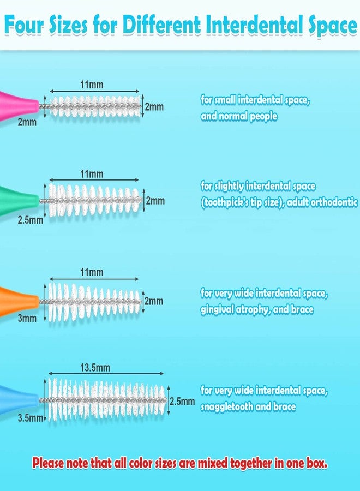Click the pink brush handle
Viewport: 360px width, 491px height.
coord(18,106)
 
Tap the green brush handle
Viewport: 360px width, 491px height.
coord(18,200)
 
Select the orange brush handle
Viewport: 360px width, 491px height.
coord(18,301)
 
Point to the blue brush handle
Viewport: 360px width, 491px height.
coord(18,399)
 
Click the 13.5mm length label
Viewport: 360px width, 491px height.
coord(95,367)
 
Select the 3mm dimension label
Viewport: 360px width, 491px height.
coord(27,318)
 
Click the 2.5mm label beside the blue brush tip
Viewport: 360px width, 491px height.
coord(182,401)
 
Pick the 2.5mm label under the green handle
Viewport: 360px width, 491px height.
coord(30,220)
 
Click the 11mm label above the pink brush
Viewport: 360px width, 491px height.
coord(92,85)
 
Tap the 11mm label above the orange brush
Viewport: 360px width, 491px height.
coord(92,272)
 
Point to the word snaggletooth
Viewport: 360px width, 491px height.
coord(227,406)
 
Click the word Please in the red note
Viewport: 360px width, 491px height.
coord(48,463)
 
